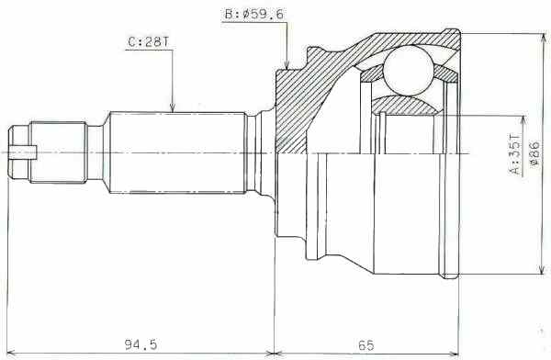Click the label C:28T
point(148,42)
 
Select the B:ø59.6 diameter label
point(253,15)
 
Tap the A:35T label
point(514,154)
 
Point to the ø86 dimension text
point(534,154)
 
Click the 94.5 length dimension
point(141,344)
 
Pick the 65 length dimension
point(366,345)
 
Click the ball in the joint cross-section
point(409,71)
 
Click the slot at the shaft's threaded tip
point(23,152)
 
